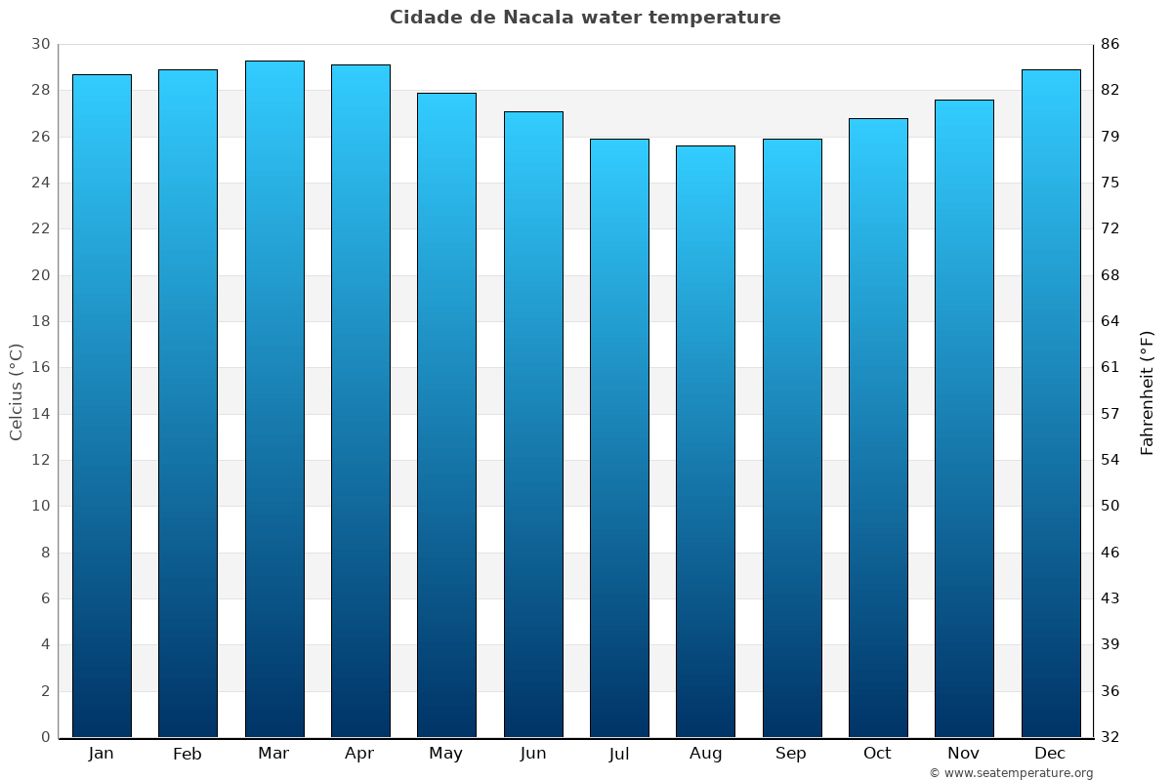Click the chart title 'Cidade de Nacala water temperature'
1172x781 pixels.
click(x=585, y=18)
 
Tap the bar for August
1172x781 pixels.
click(x=705, y=441)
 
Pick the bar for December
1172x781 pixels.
click(x=1051, y=403)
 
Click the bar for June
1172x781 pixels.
click(x=533, y=424)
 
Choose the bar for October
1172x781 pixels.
click(x=878, y=428)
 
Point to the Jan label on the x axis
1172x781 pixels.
click(x=101, y=754)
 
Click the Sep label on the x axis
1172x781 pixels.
click(x=791, y=754)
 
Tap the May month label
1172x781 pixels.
click(x=446, y=754)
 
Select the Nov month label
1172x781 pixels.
click(x=964, y=754)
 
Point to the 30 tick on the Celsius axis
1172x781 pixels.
click(x=40, y=44)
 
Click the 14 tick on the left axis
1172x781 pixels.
click(x=40, y=414)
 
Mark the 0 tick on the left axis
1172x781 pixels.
click(x=45, y=737)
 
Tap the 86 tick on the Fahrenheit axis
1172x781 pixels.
click(x=1110, y=44)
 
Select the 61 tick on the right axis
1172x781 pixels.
click(x=1110, y=367)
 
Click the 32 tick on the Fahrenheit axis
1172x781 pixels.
click(x=1110, y=737)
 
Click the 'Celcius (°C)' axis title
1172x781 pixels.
click(x=16, y=391)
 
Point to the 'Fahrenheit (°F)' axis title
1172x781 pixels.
click(x=1148, y=391)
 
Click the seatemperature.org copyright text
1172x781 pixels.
click(x=1011, y=773)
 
